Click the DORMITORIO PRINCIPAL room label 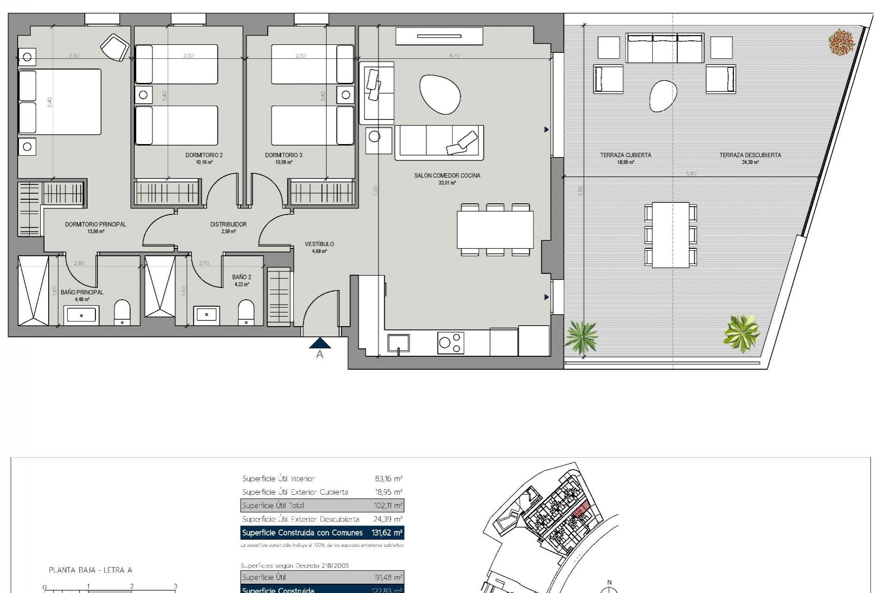pyautogui.click(x=95, y=225)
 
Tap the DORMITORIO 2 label pyautogui.click(x=204, y=155)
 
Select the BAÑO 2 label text pyautogui.click(x=241, y=277)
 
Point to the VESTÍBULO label pyautogui.click(x=319, y=244)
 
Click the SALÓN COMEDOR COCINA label pyautogui.click(x=447, y=176)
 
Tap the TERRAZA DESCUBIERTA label pyautogui.click(x=750, y=155)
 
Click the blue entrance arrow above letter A pyautogui.click(x=319, y=343)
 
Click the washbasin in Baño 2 pyautogui.click(x=207, y=315)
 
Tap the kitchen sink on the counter pyautogui.click(x=399, y=344)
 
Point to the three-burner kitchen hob pyautogui.click(x=451, y=343)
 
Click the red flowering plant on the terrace pyautogui.click(x=841, y=43)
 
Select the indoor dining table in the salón pyautogui.click(x=495, y=230)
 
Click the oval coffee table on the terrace pyautogui.click(x=663, y=96)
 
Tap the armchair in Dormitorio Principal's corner pyautogui.click(x=114, y=47)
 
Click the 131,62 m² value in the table pyautogui.click(x=387, y=533)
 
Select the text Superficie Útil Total pyautogui.click(x=273, y=505)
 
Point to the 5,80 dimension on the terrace pyautogui.click(x=691, y=174)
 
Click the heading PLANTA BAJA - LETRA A pyautogui.click(x=91, y=570)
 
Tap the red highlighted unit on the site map pyautogui.click(x=581, y=511)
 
